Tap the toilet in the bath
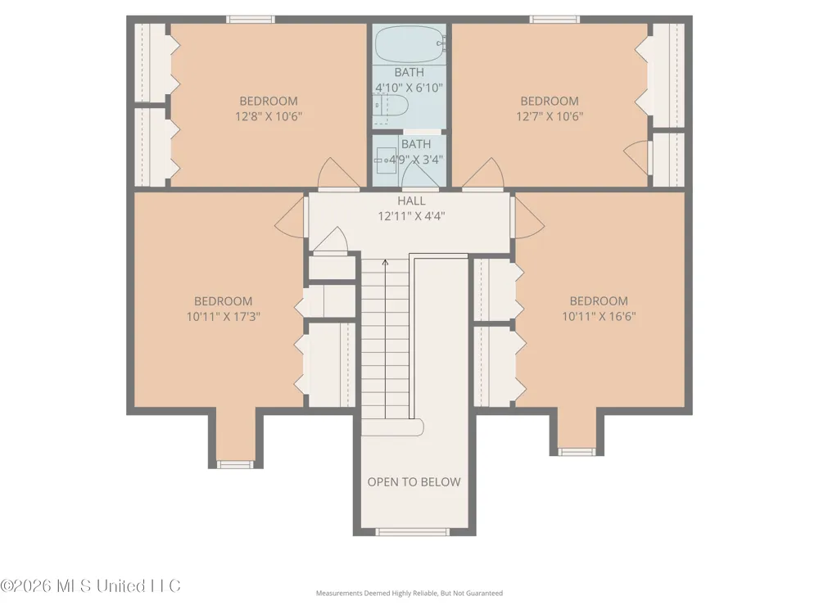(391, 106)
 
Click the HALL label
(411, 201)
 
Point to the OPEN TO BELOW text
(414, 482)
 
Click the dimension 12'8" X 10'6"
(269, 116)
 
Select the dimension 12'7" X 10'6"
(550, 116)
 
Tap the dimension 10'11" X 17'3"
(223, 316)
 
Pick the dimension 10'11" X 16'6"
(599, 316)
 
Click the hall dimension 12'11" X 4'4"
(411, 215)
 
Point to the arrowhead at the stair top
(386, 262)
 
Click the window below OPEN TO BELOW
(413, 532)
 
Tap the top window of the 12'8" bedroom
(250, 20)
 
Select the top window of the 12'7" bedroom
(554, 20)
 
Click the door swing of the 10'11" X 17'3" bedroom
(291, 219)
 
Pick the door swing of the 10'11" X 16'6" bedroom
(528, 219)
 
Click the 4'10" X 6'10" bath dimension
(409, 88)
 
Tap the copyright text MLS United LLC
(90, 586)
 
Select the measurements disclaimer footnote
(409, 593)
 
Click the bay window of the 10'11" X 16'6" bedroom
(577, 452)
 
